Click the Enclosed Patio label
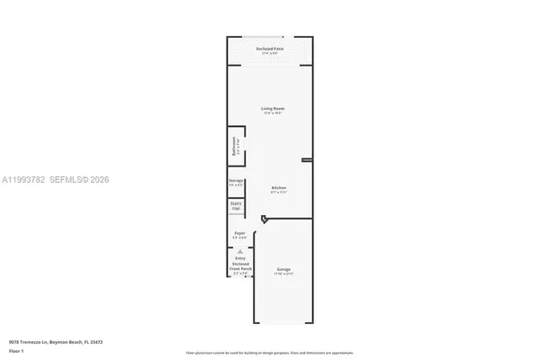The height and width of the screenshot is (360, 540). (269, 48)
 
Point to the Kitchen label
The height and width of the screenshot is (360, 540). (279, 187)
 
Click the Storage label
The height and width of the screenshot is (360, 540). (236, 181)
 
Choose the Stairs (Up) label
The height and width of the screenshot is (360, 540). (236, 206)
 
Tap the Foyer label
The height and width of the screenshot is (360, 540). (239, 233)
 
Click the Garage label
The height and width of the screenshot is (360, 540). (283, 268)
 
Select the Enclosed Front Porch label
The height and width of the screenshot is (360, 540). (239, 265)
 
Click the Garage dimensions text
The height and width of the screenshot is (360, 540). (283, 274)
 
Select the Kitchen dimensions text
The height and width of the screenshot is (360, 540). (279, 193)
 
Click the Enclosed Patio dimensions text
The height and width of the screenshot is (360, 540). (269, 53)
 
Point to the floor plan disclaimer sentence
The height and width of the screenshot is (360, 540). (269, 353)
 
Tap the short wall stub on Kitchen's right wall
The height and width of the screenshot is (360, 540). (307, 160)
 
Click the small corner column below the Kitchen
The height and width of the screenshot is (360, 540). (263, 219)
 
